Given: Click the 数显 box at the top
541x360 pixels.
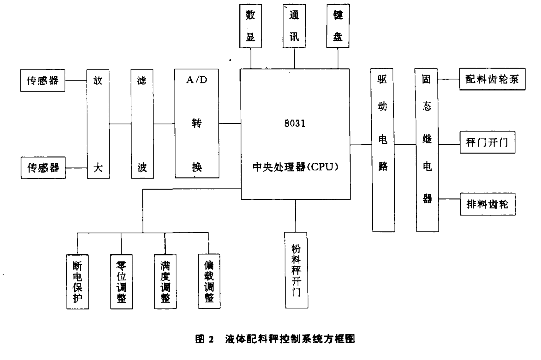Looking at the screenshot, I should click(251, 26).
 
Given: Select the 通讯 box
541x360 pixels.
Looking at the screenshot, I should click(295, 26).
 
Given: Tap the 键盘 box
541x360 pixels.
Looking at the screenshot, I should click(339, 26).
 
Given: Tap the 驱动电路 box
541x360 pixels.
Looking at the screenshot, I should click(383, 149).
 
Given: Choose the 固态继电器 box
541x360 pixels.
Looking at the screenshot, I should click(427, 149).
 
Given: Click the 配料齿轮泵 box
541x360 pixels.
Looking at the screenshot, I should click(493, 81).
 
